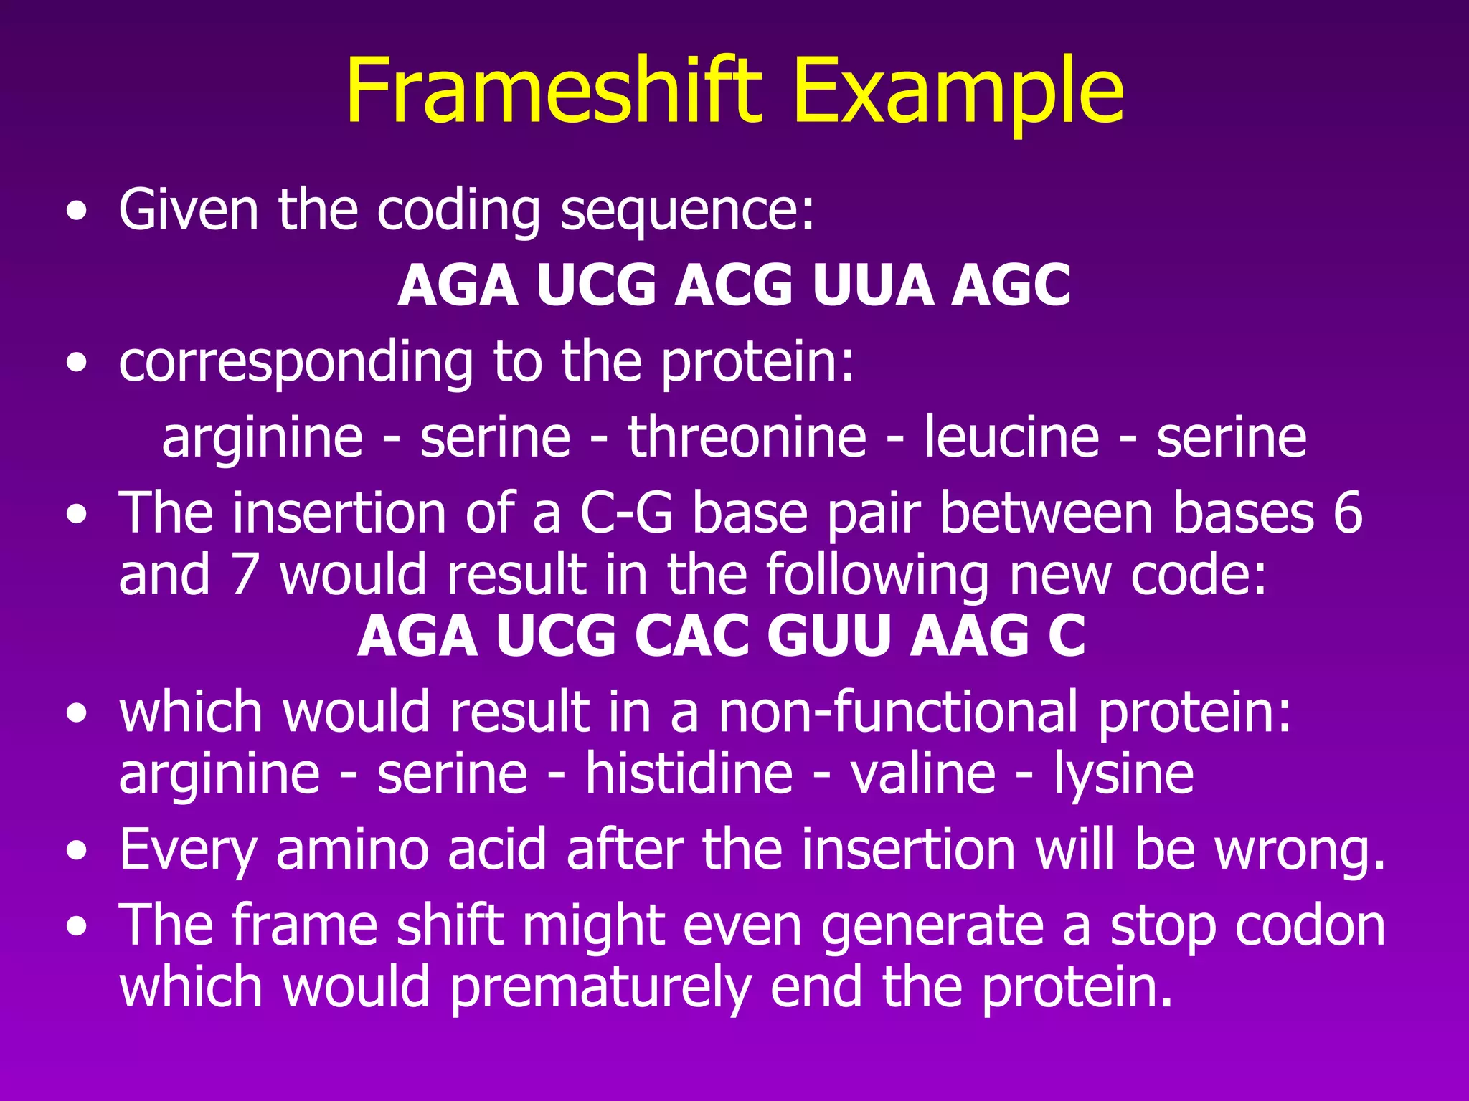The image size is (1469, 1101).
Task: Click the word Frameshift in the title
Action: click(552, 92)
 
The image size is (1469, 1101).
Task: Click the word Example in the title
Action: click(958, 92)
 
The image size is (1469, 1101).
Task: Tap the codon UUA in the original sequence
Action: click(873, 285)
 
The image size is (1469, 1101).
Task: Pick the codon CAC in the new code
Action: click(691, 636)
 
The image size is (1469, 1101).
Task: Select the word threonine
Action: click(747, 437)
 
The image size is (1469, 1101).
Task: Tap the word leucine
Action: click(1011, 437)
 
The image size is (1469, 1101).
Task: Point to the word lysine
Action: click(1123, 774)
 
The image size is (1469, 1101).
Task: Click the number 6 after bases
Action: click(1347, 513)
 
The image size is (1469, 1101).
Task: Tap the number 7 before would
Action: click(244, 574)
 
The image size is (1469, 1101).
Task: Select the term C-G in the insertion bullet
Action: click(626, 513)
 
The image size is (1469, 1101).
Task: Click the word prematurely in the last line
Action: click(601, 988)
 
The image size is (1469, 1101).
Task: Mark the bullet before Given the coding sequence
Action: click(77, 212)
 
